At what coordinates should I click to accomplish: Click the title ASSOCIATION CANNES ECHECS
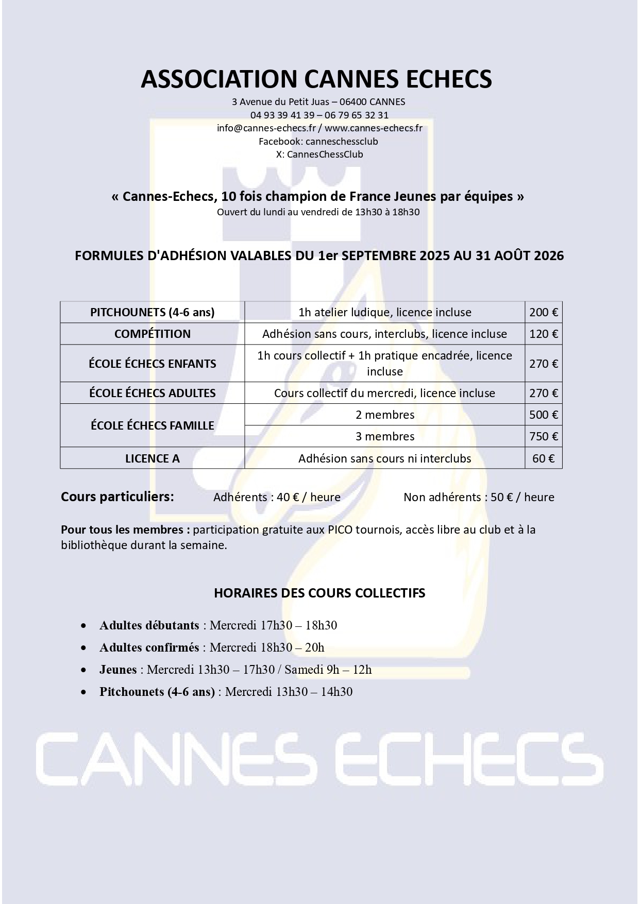click(x=316, y=79)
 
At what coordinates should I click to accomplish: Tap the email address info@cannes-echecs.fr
click(x=266, y=128)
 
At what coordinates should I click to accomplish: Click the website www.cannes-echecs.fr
click(x=373, y=128)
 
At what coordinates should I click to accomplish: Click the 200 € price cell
click(x=544, y=312)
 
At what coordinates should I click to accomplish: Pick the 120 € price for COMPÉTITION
click(x=544, y=334)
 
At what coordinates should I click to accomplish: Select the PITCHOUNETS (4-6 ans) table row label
click(x=153, y=312)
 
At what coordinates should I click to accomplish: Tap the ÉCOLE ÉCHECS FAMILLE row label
click(x=153, y=425)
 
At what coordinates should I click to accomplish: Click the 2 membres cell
click(x=385, y=415)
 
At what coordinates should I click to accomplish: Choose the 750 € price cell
click(x=544, y=436)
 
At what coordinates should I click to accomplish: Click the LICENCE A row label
click(x=153, y=458)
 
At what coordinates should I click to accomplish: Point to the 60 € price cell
click(x=544, y=458)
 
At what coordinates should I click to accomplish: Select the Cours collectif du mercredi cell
click(x=385, y=393)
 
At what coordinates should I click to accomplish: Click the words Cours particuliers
click(x=117, y=497)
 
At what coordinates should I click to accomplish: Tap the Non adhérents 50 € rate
click(x=479, y=497)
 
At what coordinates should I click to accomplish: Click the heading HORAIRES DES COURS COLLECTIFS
click(x=320, y=593)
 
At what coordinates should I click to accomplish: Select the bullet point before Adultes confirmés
click(x=83, y=649)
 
